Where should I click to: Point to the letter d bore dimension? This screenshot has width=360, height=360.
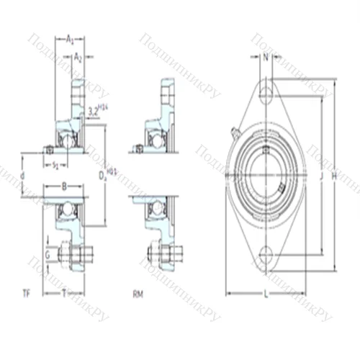(x=23, y=174)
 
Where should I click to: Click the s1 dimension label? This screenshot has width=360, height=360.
(x=56, y=166)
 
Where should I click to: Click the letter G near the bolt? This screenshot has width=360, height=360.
(x=47, y=254)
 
